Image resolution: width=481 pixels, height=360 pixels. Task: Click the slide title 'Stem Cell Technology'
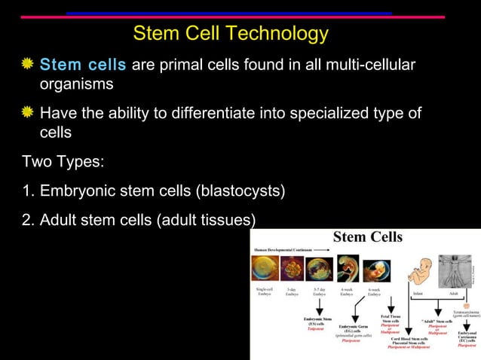(x=230, y=34)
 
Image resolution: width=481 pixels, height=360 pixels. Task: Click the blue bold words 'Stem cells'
(x=83, y=66)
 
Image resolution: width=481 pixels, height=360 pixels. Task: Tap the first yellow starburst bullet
(x=28, y=65)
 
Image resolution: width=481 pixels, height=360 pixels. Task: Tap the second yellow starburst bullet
(x=28, y=113)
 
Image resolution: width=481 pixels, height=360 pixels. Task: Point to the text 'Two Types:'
(x=57, y=161)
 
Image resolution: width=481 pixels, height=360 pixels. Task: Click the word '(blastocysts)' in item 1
(x=240, y=191)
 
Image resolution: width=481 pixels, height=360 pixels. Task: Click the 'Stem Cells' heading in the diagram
(x=368, y=237)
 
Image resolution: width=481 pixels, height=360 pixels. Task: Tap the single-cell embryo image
(x=265, y=268)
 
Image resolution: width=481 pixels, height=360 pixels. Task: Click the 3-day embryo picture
(x=292, y=269)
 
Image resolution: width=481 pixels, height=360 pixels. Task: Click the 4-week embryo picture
(x=347, y=269)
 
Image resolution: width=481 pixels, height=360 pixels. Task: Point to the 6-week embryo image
(x=375, y=270)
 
